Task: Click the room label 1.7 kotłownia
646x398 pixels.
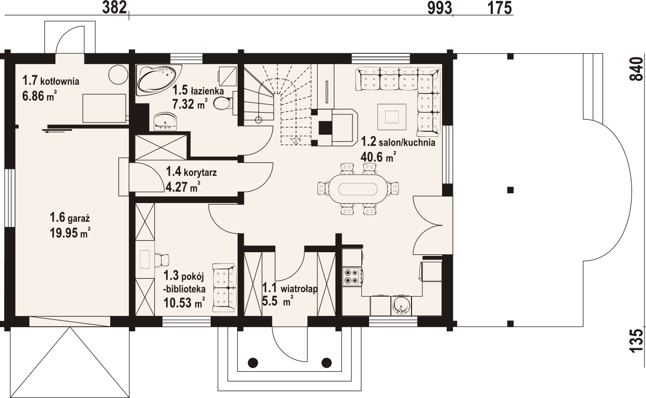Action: point(50,81)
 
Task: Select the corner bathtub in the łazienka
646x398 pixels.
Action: point(156,79)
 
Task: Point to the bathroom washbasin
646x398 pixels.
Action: point(166,123)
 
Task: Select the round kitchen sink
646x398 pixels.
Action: point(401,304)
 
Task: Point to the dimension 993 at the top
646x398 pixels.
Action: point(440,8)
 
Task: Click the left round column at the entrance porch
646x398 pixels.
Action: point(253,362)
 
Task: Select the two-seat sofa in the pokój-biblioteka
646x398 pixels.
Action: point(224,287)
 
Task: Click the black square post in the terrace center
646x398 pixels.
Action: point(511,190)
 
